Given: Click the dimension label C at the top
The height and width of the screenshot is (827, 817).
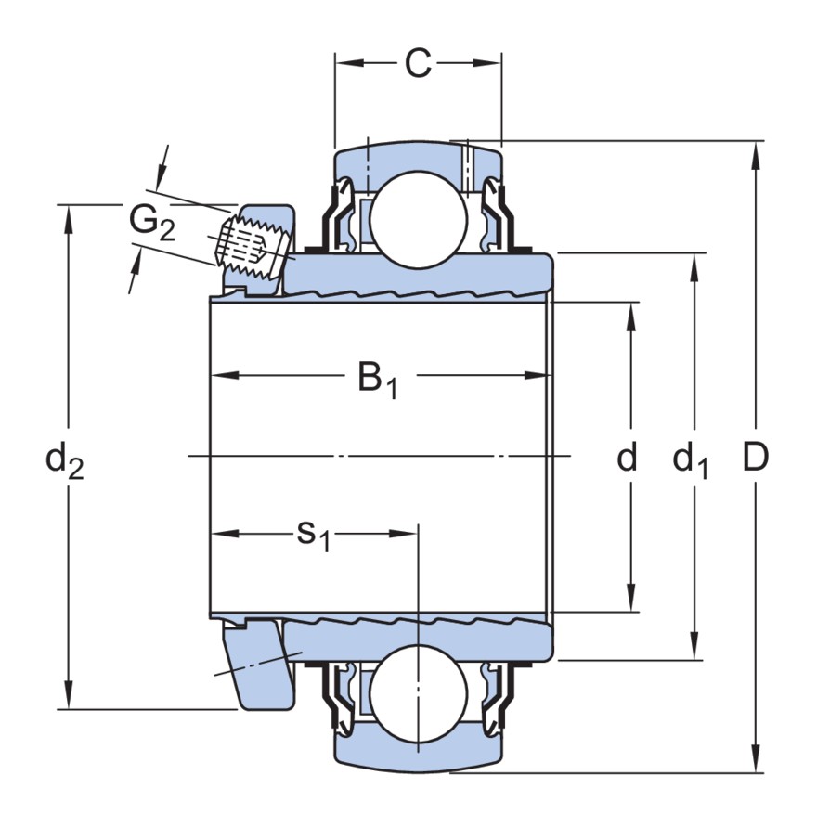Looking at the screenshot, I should [x=419, y=64].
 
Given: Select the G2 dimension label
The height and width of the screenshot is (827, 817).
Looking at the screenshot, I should [x=151, y=223].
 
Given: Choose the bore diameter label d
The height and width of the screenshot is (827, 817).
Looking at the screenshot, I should [x=629, y=457].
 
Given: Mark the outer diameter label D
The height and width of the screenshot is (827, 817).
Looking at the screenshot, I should [x=757, y=457].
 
